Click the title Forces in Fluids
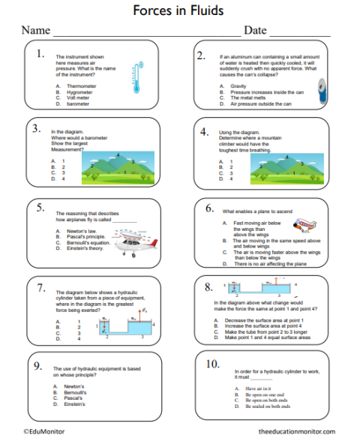tap(179, 10)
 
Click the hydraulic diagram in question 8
tap(262, 292)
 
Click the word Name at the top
tap(35, 31)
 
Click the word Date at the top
tap(255, 31)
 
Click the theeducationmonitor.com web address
tap(296, 433)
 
